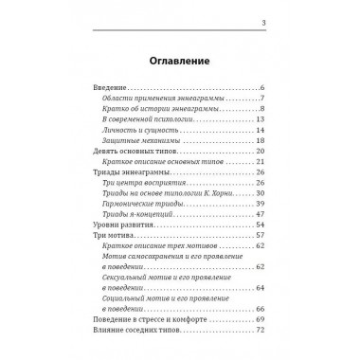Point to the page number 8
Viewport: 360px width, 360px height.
click(x=261, y=110)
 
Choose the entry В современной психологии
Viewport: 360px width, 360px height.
click(x=139, y=120)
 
